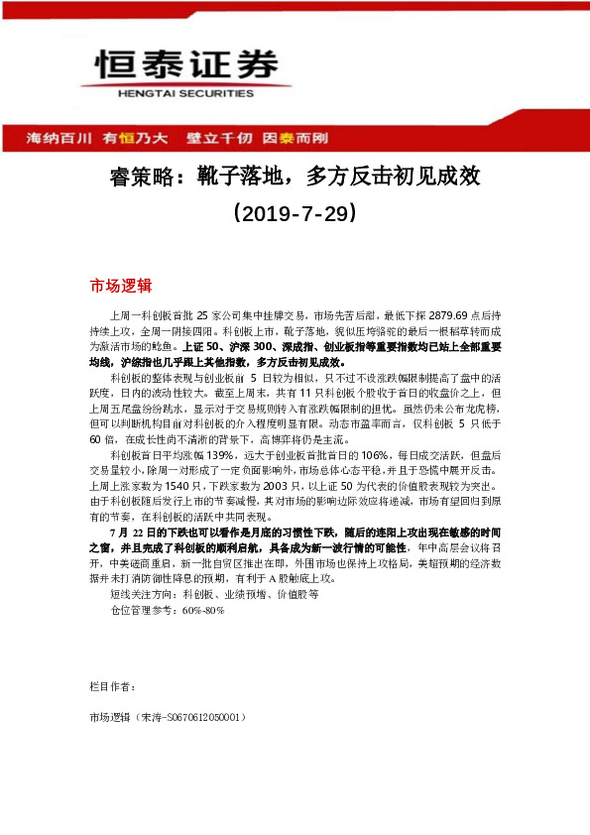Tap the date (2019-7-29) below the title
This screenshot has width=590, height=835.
point(295,212)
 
